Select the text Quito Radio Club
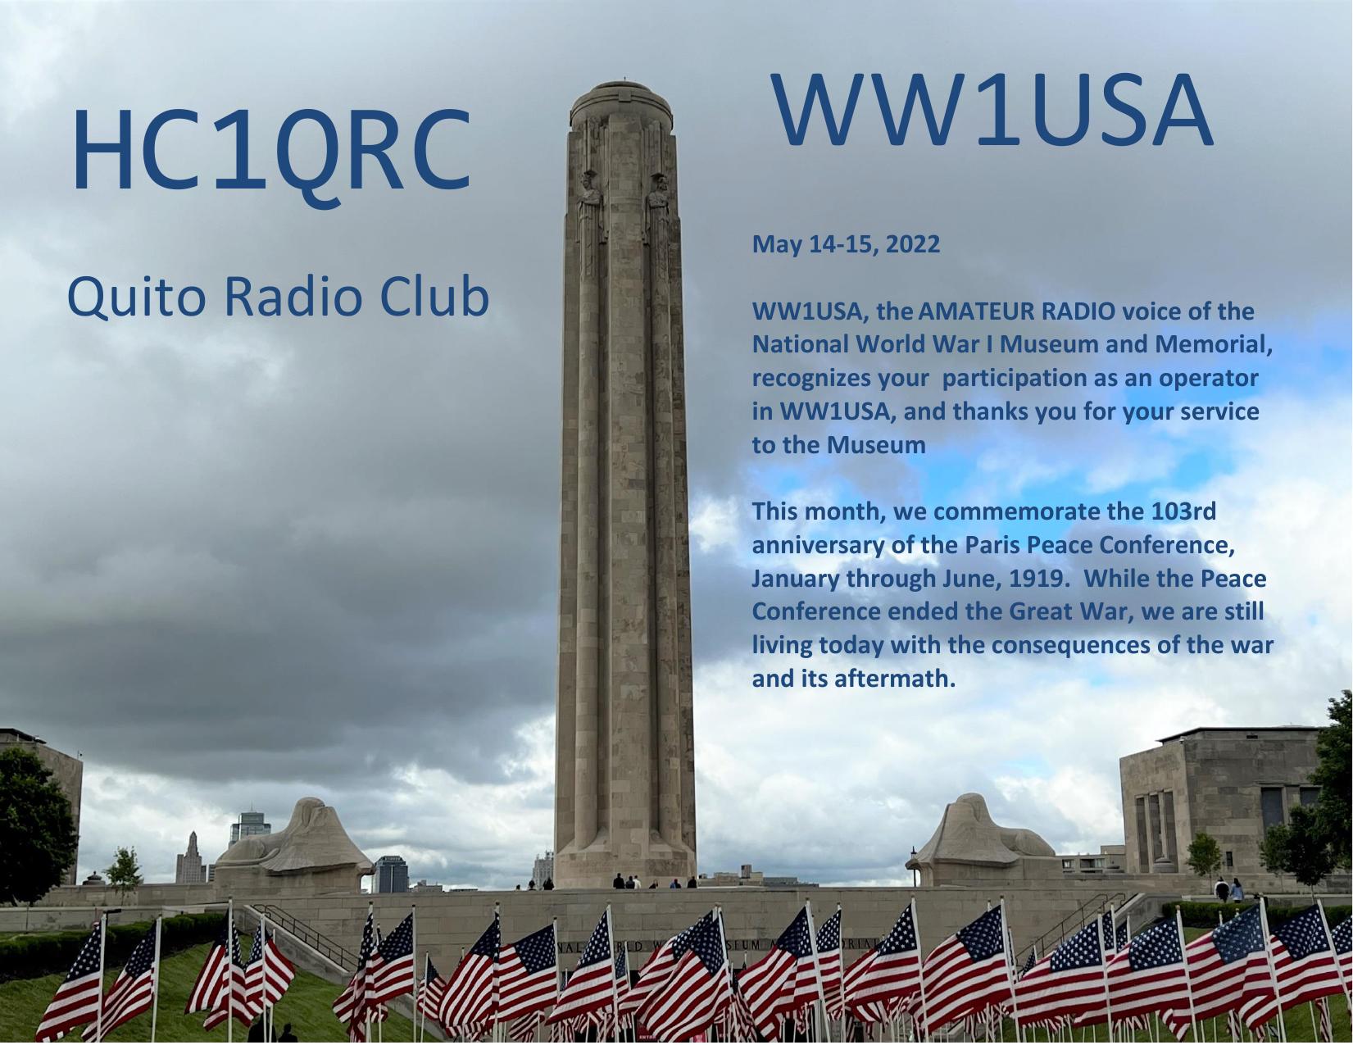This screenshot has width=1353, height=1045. (x=278, y=297)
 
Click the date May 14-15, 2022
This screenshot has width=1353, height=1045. (x=847, y=244)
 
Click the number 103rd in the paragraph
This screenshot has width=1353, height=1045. (x=1183, y=511)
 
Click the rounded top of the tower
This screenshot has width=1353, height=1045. (x=621, y=103)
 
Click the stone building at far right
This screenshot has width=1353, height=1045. (x=1220, y=803)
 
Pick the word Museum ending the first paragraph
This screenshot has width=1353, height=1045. (x=876, y=445)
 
